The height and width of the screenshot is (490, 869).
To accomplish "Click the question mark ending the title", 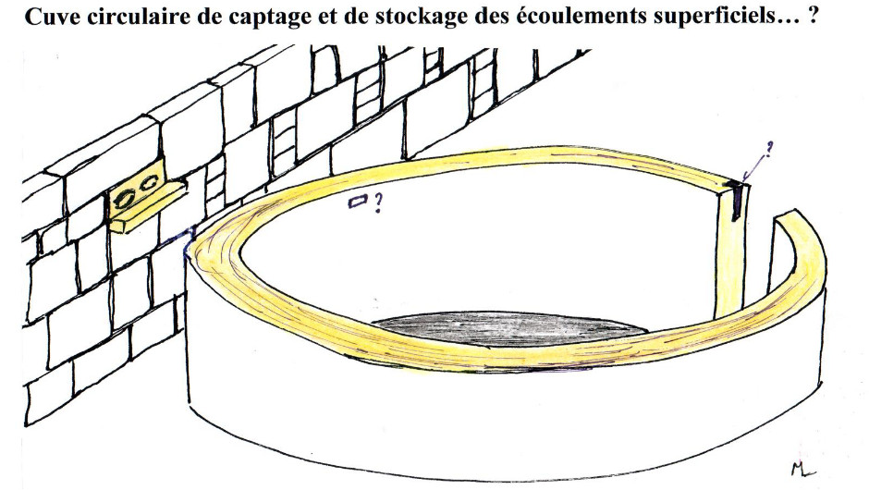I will point(814,18).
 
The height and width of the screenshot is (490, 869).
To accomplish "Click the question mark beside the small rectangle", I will point(377,204).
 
